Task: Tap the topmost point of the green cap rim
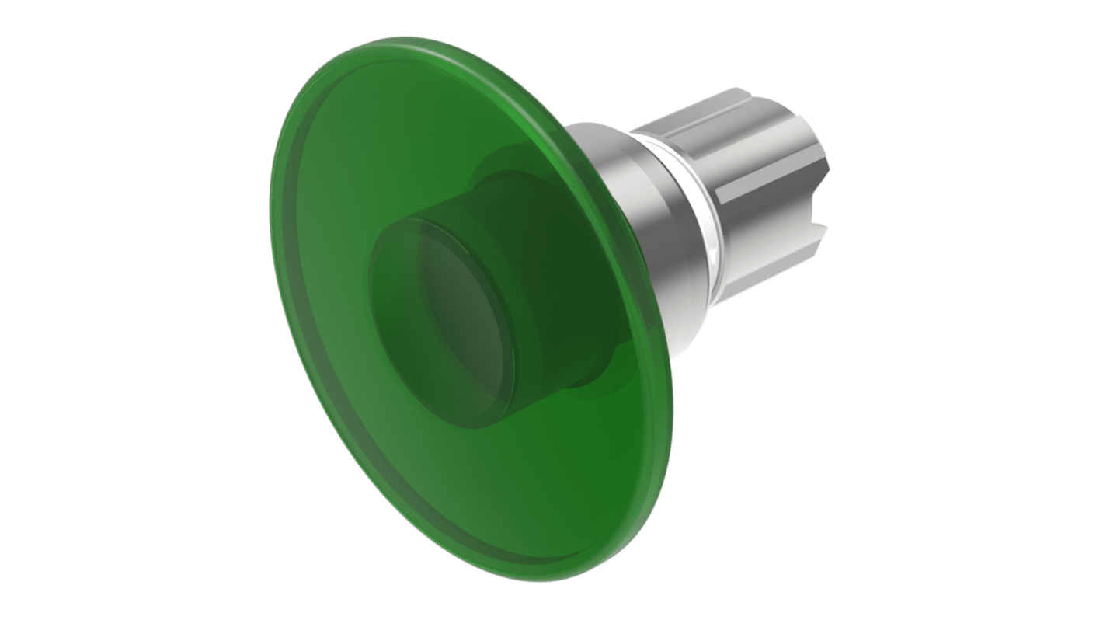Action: tap(404, 38)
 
